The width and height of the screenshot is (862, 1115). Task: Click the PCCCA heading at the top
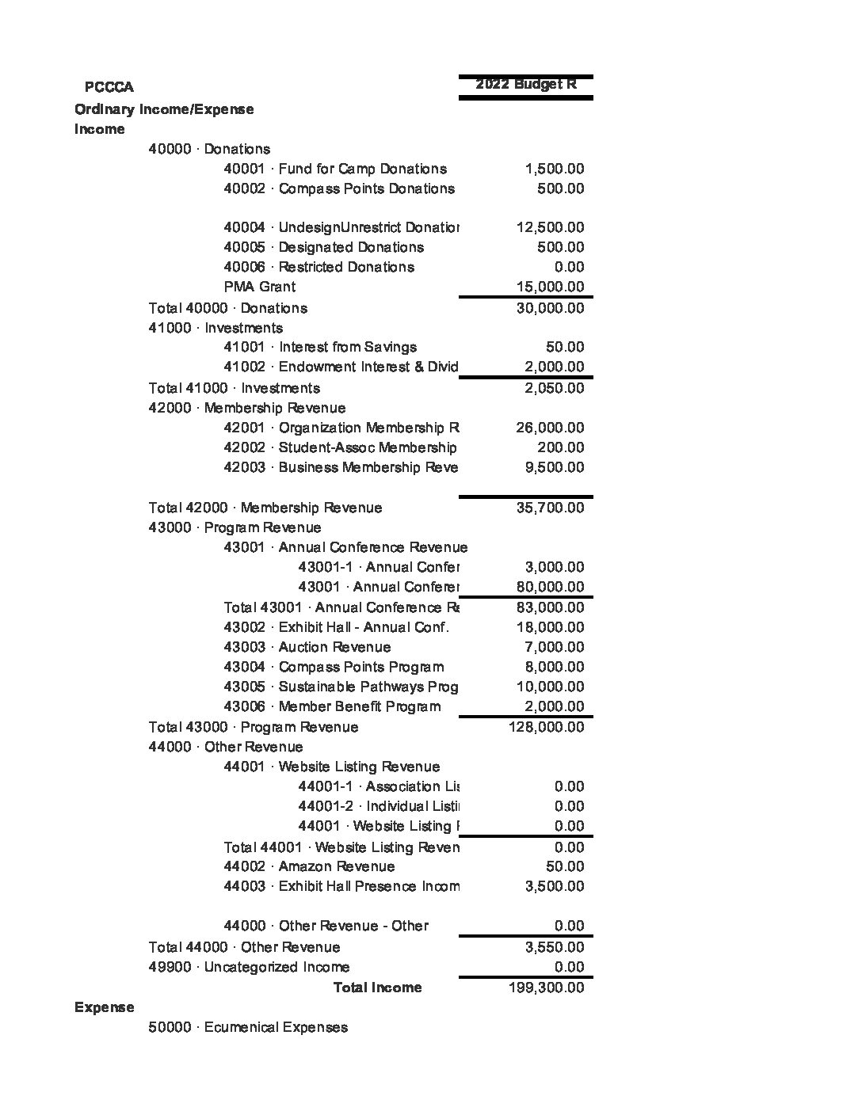coord(109,87)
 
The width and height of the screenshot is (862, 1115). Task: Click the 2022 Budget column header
coord(525,84)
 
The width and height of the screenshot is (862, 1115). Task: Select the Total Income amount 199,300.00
coord(546,988)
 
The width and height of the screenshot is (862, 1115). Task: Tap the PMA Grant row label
coord(259,287)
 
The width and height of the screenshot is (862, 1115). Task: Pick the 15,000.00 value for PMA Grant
coord(550,287)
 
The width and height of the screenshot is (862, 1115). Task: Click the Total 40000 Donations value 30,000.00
coord(550,308)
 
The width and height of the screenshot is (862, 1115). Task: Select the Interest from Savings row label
coord(319,347)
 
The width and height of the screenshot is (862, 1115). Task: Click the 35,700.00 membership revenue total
coord(550,508)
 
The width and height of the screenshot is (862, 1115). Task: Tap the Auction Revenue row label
coord(307,647)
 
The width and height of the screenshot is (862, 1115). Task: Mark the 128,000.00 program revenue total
coord(546,727)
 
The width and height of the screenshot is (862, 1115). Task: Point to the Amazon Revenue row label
coord(308,866)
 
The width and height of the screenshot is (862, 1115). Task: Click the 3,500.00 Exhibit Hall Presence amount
coord(555,886)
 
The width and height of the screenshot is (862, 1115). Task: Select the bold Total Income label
coord(377,988)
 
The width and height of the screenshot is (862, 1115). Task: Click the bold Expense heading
coord(104,1007)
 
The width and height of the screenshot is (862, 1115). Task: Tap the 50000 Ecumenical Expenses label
coord(247,1027)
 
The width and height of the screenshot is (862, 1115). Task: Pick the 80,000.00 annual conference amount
coord(550,587)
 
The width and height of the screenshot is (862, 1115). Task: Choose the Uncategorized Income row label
coord(248,967)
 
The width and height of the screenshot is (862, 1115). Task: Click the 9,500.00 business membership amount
coord(555,467)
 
